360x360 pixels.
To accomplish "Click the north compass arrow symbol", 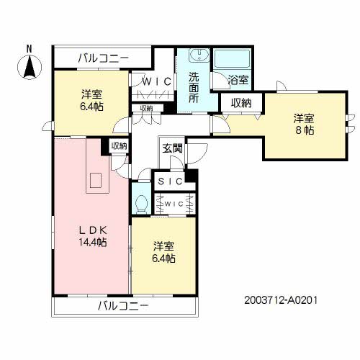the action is point(30,67).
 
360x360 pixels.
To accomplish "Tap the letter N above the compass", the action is point(30,49).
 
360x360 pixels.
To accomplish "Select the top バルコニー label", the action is point(104,58).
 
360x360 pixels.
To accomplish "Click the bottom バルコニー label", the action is point(123,306).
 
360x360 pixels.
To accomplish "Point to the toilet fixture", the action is point(141,204).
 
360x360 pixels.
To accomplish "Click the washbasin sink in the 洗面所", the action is point(199,55).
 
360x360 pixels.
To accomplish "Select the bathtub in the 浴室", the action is point(232,59).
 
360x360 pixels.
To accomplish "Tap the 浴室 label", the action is point(238,80).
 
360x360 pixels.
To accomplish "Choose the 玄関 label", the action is point(173,148).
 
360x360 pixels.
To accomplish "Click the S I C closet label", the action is point(171,181).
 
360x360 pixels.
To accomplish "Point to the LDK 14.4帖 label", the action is point(93,236).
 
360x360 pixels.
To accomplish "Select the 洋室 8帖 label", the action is point(304,125).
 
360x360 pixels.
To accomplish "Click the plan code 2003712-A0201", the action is point(281,300).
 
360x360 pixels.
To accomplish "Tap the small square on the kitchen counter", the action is point(96,180).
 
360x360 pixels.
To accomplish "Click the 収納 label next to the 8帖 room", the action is point(241,103).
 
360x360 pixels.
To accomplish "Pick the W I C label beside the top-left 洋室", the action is point(157,82).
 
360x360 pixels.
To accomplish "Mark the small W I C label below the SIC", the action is point(174,204).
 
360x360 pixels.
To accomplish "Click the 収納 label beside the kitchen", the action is point(119,146).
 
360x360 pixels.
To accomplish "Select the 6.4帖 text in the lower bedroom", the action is point(163,258).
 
